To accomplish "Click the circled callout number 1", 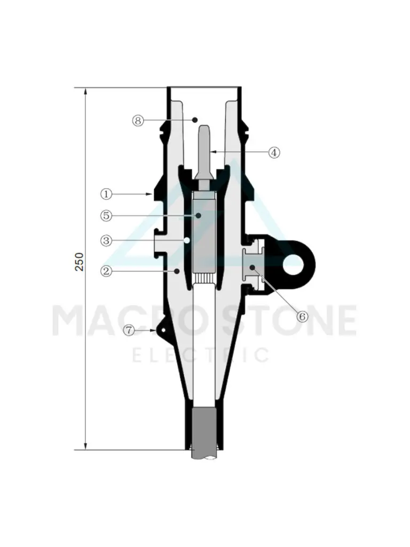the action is coord(106,194).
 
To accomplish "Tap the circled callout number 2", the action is coord(106,271).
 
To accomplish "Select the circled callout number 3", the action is coord(106,240).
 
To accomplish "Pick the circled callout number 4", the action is coord(274,152).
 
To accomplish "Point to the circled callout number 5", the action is coord(106,216).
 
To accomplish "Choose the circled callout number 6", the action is coord(302,316).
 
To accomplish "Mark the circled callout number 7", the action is coord(129,330).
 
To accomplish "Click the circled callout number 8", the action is coord(138,120).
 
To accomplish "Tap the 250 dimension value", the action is coord(80,262).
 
